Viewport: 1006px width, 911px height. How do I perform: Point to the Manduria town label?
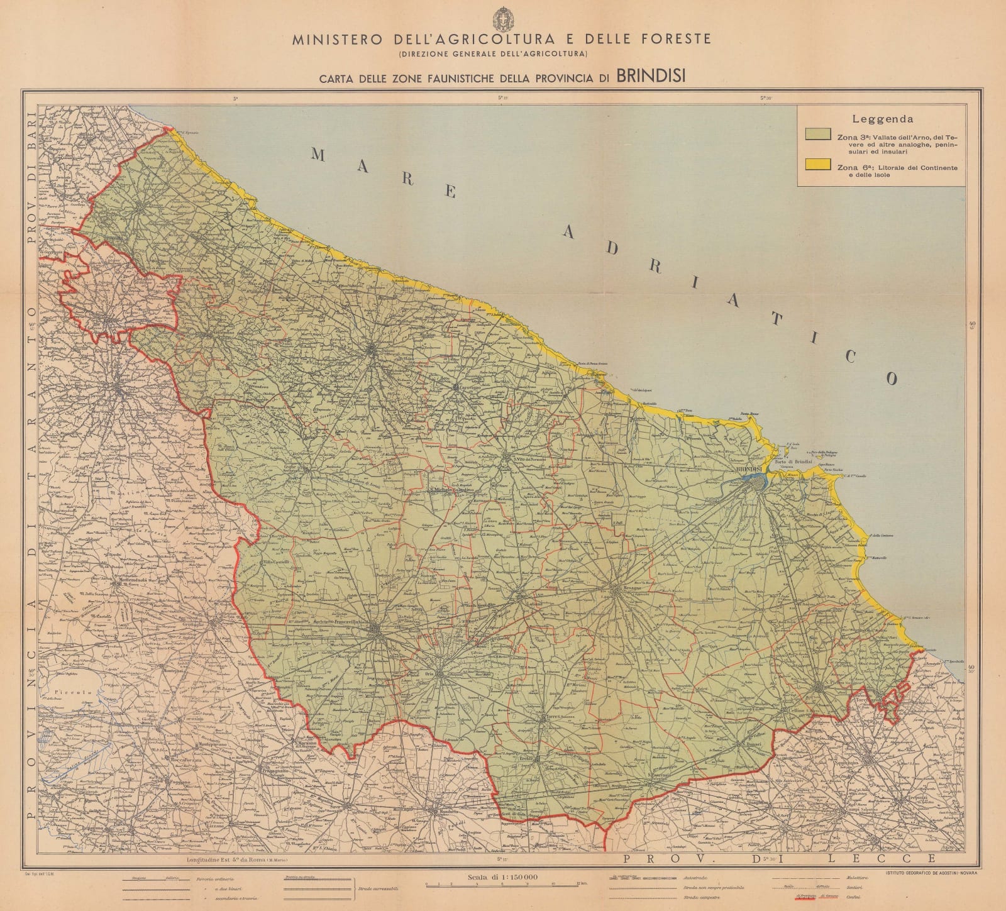445,812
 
